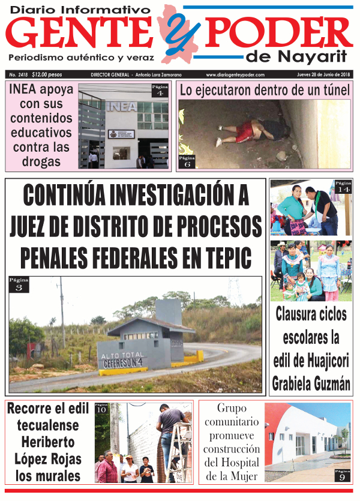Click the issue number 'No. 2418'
(18, 74)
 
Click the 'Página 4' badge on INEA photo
(160, 91)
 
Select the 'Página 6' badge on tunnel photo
(187, 161)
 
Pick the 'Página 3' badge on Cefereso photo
(18, 284)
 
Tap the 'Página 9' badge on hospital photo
(343, 475)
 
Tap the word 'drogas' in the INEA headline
(41, 161)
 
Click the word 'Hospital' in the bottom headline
(232, 463)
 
